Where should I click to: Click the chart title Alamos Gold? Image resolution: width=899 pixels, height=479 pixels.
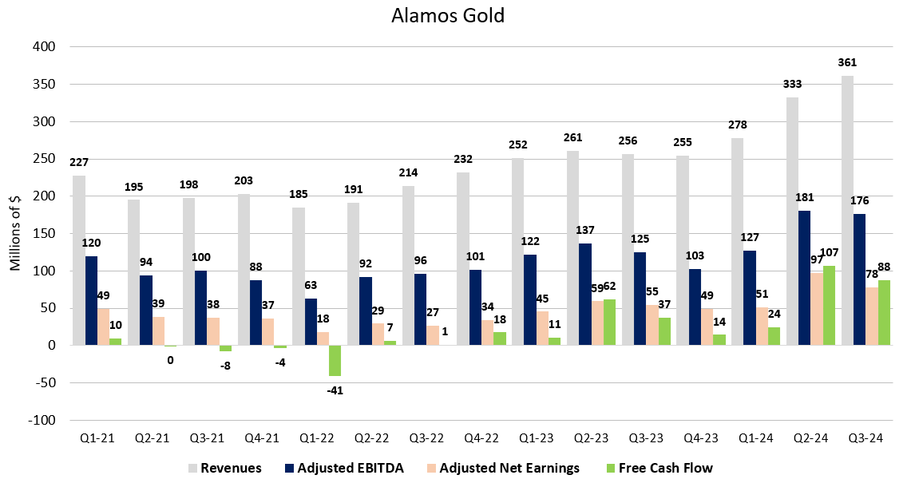click(449, 16)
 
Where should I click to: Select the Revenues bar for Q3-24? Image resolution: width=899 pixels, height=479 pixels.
click(846, 211)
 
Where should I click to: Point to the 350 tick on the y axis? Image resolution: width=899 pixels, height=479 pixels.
click(43, 85)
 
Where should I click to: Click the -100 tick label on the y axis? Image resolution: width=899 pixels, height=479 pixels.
click(39, 420)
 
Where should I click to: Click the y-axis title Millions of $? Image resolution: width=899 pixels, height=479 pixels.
click(15, 233)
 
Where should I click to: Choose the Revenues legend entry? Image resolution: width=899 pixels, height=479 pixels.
click(224, 468)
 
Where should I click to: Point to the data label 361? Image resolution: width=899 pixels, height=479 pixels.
click(848, 62)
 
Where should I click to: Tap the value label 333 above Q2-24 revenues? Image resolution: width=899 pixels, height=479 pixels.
click(792, 84)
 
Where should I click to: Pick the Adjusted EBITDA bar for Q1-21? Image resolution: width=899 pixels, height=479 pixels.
click(91, 300)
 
